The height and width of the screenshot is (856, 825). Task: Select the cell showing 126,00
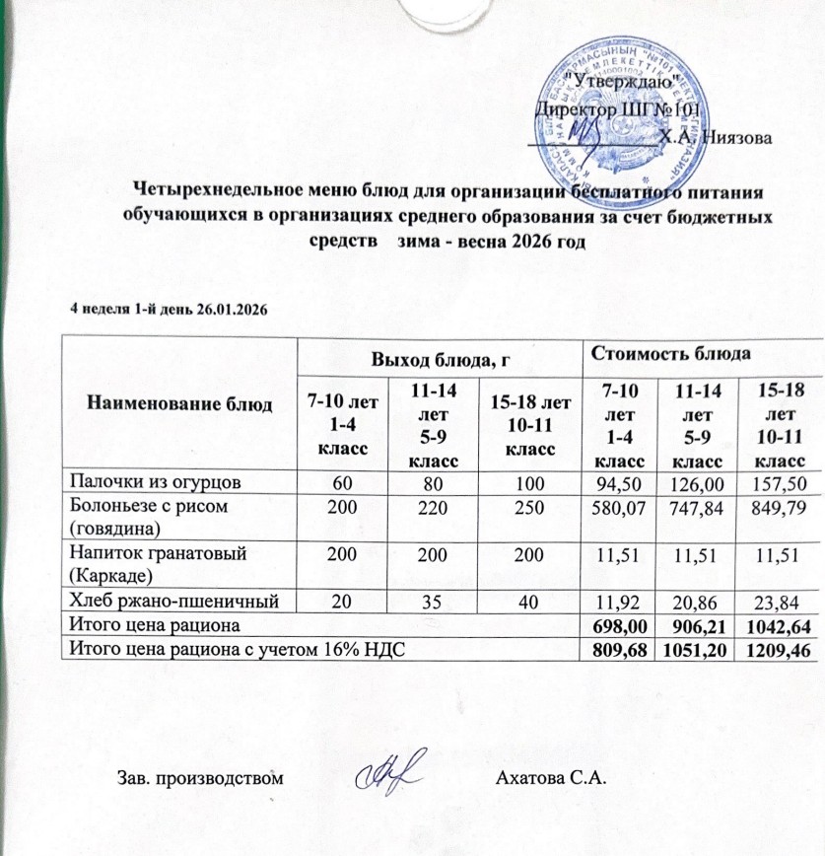701,481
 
